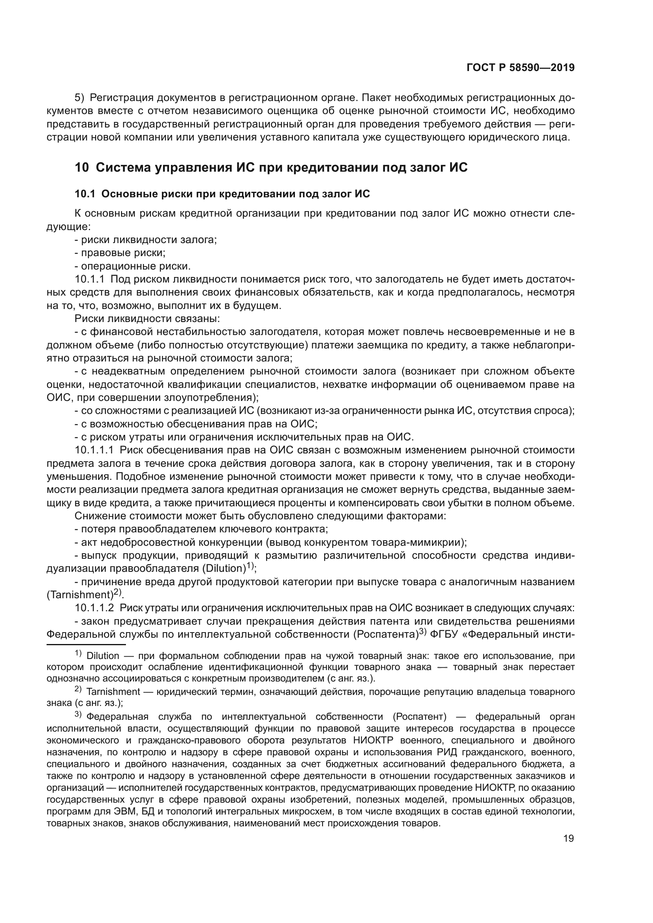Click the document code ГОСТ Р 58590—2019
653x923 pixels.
coord(520,67)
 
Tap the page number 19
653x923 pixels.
coord(569,839)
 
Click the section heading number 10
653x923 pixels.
coord(82,167)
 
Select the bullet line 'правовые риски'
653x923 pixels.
coord(123,253)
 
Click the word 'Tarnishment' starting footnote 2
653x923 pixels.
coord(113,692)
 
